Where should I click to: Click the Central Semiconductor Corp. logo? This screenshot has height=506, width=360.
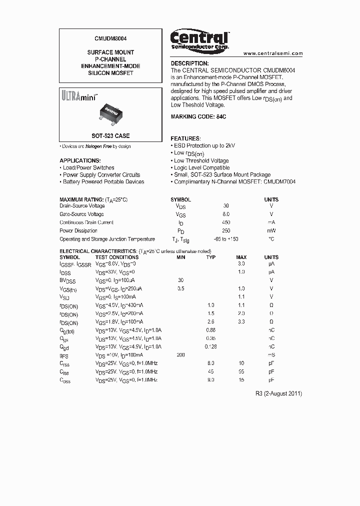pyautogui.click(x=199, y=39)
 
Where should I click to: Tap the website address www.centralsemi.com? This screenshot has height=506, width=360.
pyautogui.click(x=273, y=53)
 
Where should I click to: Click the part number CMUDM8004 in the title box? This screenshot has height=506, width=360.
pyautogui.click(x=110, y=37)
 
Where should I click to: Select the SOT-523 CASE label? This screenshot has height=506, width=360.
pyautogui.click(x=110, y=136)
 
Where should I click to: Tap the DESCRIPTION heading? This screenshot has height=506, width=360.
pyautogui.click(x=189, y=63)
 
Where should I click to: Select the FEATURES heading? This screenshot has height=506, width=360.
pyautogui.click(x=186, y=138)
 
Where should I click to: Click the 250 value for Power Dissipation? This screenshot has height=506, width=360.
pyautogui.click(x=226, y=231)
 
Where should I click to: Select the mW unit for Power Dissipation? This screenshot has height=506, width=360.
pyautogui.click(x=271, y=231)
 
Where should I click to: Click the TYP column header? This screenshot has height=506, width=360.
pyautogui.click(x=211, y=257)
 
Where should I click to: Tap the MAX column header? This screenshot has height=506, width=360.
pyautogui.click(x=241, y=257)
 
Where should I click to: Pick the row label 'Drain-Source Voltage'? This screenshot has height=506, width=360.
pyautogui.click(x=82, y=206)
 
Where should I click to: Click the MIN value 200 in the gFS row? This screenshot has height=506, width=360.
pyautogui.click(x=180, y=355)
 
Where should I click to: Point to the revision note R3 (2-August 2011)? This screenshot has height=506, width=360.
pyautogui.click(x=278, y=393)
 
